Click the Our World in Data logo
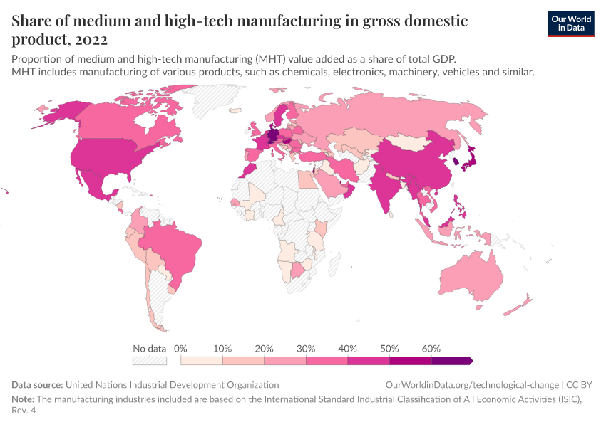pos(570,23)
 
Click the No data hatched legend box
pos(150,361)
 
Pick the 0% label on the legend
pos(180,349)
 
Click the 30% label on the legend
pos(306,349)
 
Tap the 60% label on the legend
pos(431,349)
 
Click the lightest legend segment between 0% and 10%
pos(202,361)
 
